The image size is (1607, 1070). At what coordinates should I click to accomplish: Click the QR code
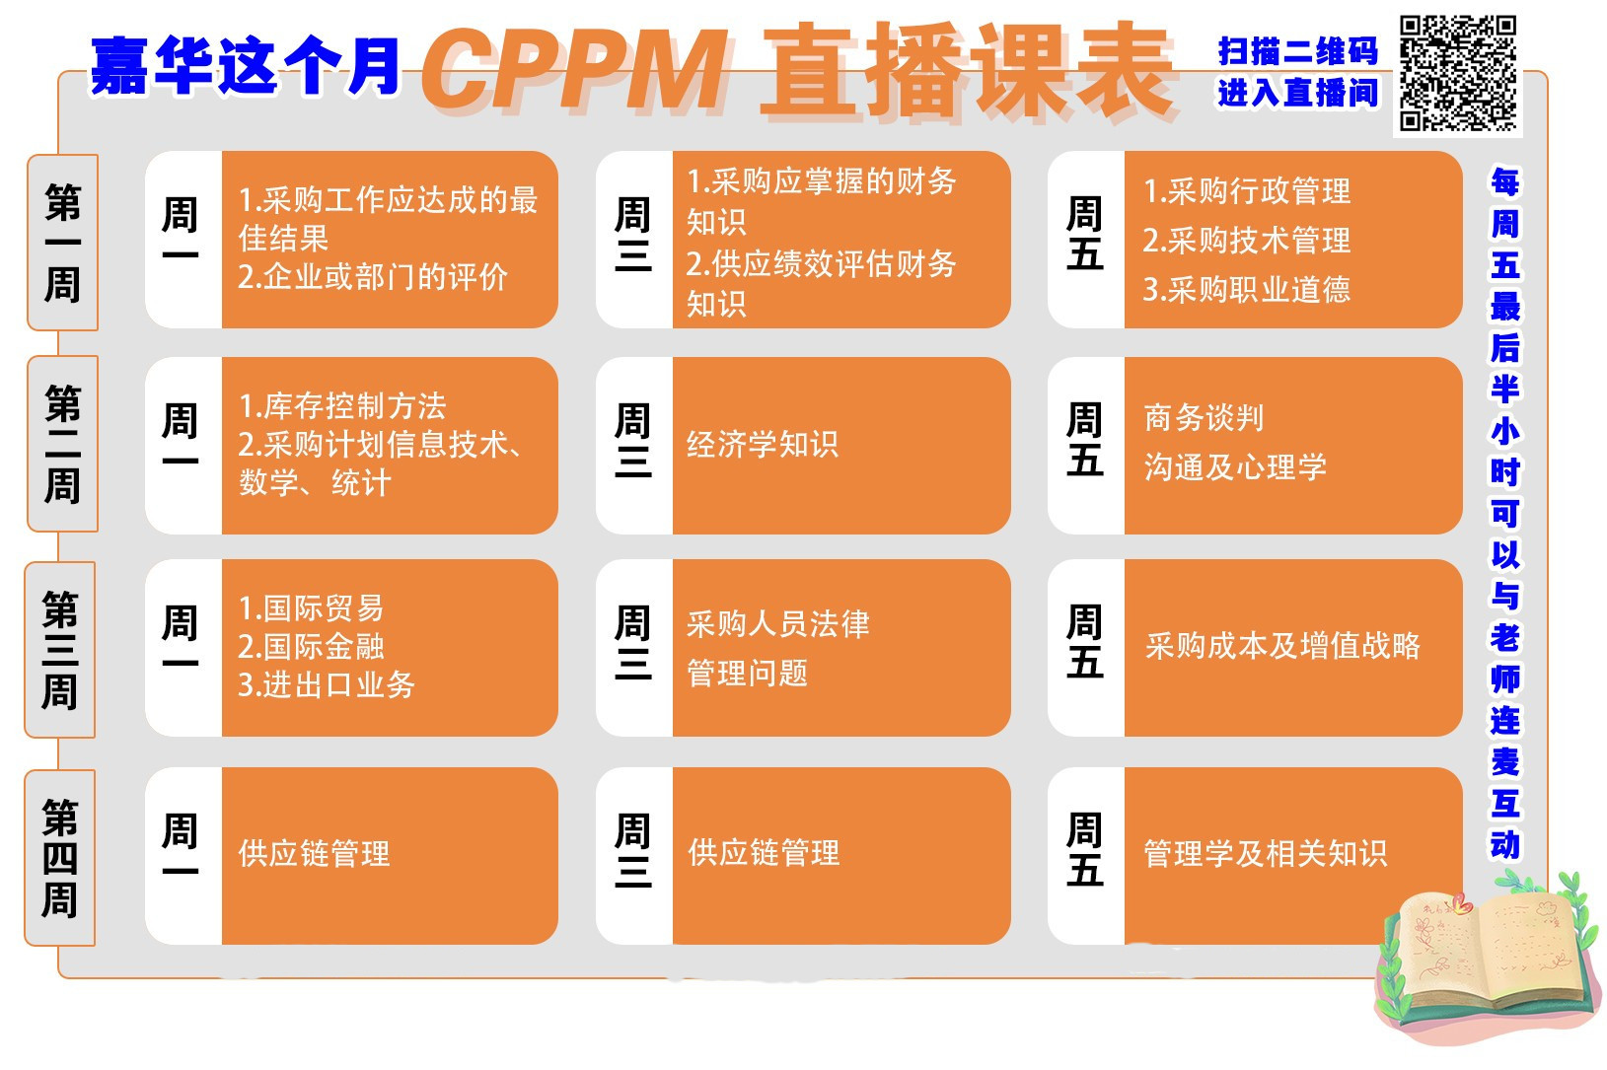tap(1458, 74)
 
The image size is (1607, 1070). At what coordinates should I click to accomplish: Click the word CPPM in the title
tap(578, 69)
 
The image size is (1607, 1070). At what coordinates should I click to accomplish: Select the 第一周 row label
tap(62, 243)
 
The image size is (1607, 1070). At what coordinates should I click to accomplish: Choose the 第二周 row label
tap(62, 444)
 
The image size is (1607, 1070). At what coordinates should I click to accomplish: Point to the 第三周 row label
tap(60, 650)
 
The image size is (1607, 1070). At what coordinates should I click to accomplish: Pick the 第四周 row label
tap(60, 858)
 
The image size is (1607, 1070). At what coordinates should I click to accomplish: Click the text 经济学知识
tap(763, 445)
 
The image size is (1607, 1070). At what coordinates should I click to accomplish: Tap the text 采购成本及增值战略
tap(1282, 646)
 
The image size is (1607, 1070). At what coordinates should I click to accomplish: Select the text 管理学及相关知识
tap(1265, 853)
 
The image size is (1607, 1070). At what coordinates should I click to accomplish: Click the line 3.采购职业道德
tap(1246, 290)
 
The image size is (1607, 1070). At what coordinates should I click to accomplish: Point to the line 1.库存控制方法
tap(342, 406)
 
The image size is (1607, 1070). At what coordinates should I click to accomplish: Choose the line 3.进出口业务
tap(327, 685)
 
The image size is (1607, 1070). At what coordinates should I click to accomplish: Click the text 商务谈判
tap(1204, 418)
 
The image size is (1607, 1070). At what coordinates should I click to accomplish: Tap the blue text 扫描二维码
tap(1297, 51)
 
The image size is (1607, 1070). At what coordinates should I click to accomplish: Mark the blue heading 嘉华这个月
tap(245, 67)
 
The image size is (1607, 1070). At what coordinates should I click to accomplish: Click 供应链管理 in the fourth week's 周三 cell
tap(764, 853)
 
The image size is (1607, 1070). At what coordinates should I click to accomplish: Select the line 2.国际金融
tap(311, 647)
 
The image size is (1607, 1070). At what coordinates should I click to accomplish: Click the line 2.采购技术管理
tap(1246, 241)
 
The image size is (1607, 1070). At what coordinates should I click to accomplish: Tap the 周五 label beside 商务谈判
tap(1085, 440)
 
